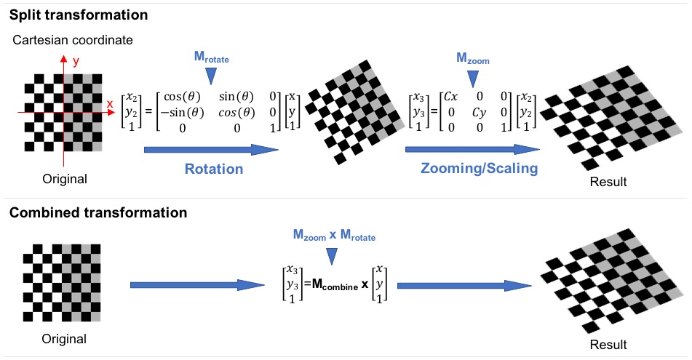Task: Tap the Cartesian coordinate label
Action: tap(73, 41)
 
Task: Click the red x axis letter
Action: tap(110, 104)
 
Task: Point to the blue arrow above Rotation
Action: tap(212, 150)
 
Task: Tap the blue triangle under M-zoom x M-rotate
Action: tap(333, 255)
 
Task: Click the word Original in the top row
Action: tap(64, 179)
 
